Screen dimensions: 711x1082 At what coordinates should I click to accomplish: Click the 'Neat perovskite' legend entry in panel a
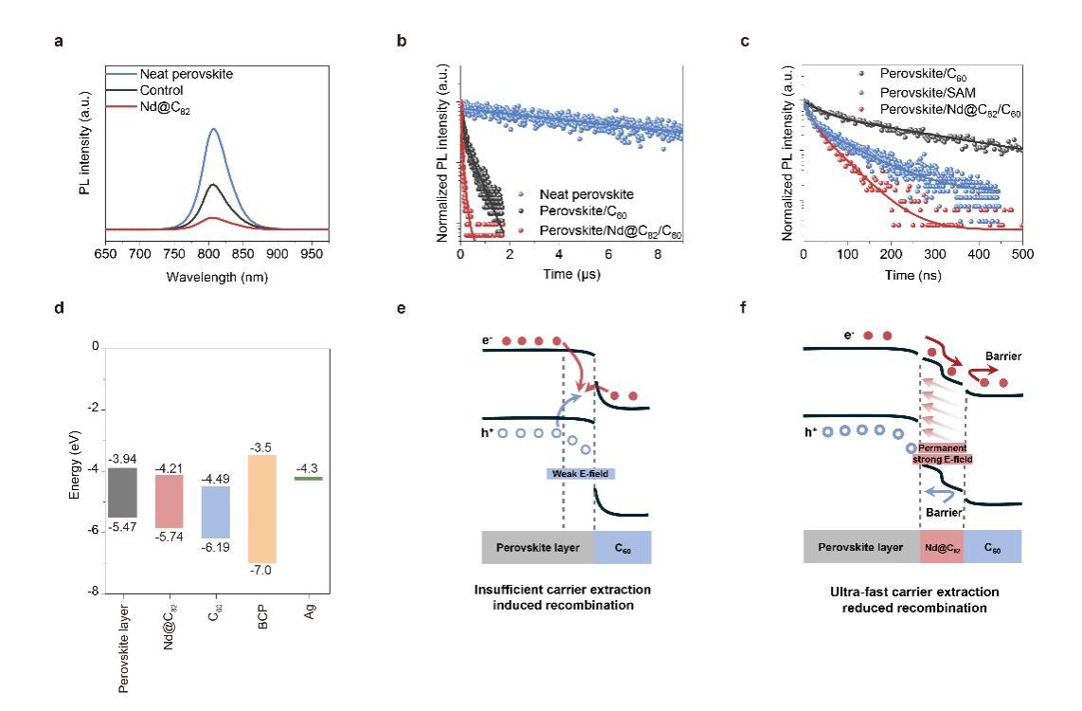pyautogui.click(x=186, y=74)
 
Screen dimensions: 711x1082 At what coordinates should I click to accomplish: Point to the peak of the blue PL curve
pyautogui.click(x=213, y=130)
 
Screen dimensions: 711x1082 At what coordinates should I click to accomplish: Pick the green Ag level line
pyautogui.click(x=309, y=479)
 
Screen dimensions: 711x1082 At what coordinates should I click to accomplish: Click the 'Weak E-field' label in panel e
pyautogui.click(x=580, y=473)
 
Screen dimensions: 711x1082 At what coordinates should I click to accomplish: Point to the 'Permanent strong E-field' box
pyautogui.click(x=942, y=453)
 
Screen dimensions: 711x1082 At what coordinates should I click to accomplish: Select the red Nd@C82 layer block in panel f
pyautogui.click(x=942, y=548)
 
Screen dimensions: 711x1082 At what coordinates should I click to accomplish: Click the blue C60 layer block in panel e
pyautogui.click(x=622, y=548)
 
